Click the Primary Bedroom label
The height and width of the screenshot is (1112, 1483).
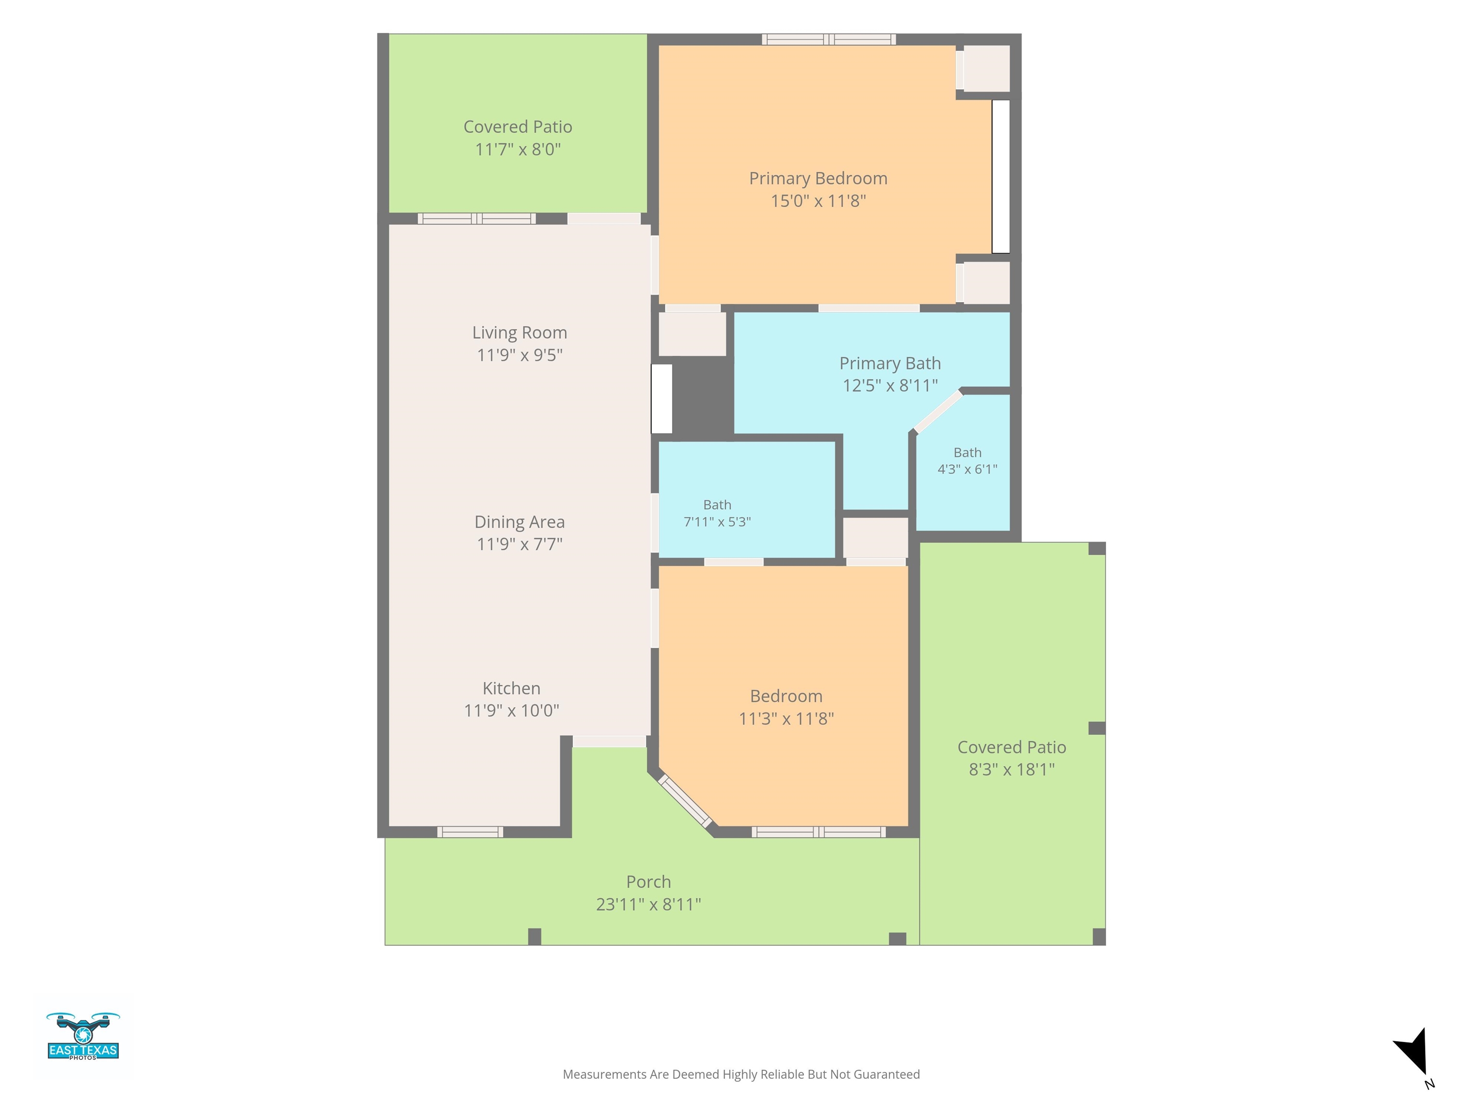[x=818, y=178]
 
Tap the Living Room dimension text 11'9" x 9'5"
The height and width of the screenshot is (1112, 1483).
[x=519, y=355]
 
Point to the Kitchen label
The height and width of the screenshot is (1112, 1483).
[x=512, y=688]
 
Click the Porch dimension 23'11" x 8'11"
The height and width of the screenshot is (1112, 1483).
[x=648, y=904]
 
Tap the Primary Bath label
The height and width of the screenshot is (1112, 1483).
[x=890, y=363]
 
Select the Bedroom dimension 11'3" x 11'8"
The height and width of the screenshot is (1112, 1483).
[x=786, y=719]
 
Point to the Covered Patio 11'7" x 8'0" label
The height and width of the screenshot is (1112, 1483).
[x=518, y=138]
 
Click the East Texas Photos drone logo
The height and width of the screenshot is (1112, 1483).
[x=83, y=1036]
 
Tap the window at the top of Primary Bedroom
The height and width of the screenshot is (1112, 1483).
[x=829, y=40]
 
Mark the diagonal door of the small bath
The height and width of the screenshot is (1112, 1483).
[x=938, y=411]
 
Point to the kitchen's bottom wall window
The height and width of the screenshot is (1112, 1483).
[x=470, y=832]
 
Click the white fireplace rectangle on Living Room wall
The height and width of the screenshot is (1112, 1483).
[x=662, y=399]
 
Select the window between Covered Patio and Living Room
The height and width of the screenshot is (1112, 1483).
[x=476, y=219]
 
